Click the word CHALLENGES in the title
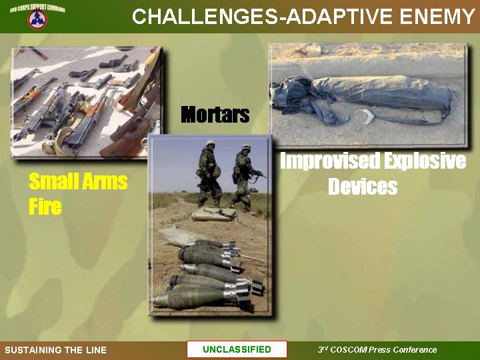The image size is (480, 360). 204,16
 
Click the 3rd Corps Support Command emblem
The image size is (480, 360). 37,19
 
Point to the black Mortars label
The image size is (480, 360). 215,115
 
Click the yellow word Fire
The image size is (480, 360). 45,206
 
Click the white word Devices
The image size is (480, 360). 363,186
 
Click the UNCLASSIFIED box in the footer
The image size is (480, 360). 237,349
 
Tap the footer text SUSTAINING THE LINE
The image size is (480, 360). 56,350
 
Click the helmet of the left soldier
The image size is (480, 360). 210,143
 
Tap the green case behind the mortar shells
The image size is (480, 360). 214,213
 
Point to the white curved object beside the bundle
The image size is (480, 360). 364,116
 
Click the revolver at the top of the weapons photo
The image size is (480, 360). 113,62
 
